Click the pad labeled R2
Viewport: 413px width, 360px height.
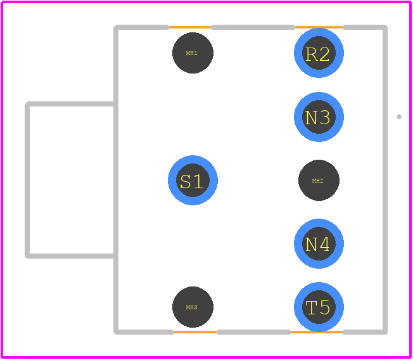pyautogui.click(x=319, y=53)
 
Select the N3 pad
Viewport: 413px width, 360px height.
pyautogui.click(x=319, y=117)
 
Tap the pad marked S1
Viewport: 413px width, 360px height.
pyautogui.click(x=193, y=180)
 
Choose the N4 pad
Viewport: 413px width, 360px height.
pyautogui.click(x=319, y=244)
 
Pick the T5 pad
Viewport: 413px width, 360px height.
pyautogui.click(x=319, y=307)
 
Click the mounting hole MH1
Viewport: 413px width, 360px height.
pyautogui.click(x=193, y=53)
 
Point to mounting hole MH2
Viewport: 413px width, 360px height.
pyautogui.click(x=319, y=180)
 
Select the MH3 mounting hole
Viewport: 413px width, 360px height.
pyautogui.click(x=193, y=307)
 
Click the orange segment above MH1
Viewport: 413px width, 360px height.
pyautogui.click(x=190, y=27)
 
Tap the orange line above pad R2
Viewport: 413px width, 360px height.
pyautogui.click(x=319, y=27)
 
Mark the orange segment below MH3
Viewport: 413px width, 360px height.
pyautogui.click(x=195, y=332)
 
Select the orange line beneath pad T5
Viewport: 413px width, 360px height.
pyautogui.click(x=317, y=332)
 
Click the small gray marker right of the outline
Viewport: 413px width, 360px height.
pyautogui.click(x=399, y=117)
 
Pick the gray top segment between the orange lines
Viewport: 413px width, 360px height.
pyautogui.click(x=253, y=27)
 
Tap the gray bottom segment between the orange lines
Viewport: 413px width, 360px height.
pyautogui.click(x=253, y=332)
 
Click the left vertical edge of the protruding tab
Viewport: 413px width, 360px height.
pyautogui.click(x=27, y=180)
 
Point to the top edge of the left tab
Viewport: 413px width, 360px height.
pyautogui.click(x=70, y=104)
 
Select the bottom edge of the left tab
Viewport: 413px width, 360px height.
pyautogui.click(x=70, y=256)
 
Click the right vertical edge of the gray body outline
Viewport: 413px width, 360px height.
pyautogui.click(x=385, y=180)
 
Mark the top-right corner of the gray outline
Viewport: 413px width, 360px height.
pyautogui.click(x=386, y=27)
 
